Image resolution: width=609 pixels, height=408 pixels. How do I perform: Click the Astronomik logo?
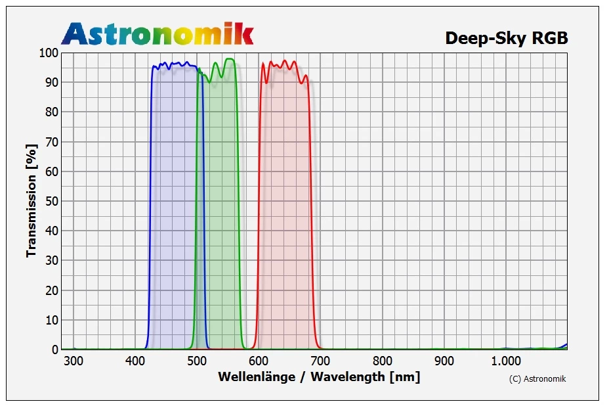pos(157,33)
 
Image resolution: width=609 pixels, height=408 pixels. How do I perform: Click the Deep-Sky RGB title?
pos(506,38)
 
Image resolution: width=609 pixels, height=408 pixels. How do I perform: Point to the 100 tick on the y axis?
pos(49,53)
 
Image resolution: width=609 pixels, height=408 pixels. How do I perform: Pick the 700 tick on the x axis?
pos(320,360)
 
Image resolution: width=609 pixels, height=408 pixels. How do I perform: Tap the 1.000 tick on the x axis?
pos(506,360)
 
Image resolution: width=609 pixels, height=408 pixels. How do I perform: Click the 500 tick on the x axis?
pos(197,360)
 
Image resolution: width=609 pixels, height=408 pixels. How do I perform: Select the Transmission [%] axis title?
pos(31,201)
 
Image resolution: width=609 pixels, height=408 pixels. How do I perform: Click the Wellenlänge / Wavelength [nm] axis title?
pos(319,377)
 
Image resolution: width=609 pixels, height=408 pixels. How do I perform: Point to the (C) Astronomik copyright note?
pos(537,378)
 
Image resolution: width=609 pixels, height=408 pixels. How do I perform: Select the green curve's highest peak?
pos(229,59)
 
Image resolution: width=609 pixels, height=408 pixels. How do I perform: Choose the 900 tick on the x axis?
pos(444,360)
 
